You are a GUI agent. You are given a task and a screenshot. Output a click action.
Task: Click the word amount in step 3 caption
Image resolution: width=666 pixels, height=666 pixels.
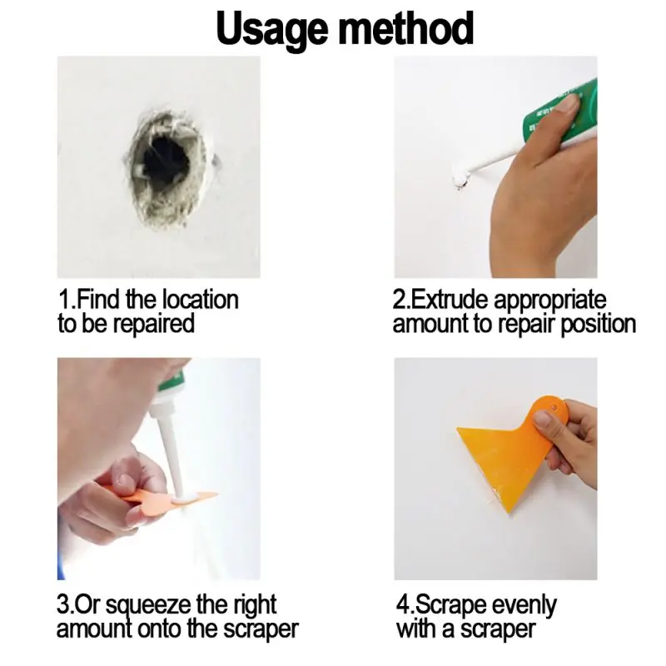point(91,629)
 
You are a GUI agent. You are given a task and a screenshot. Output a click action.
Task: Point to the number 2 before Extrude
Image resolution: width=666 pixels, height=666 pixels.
point(398,300)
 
